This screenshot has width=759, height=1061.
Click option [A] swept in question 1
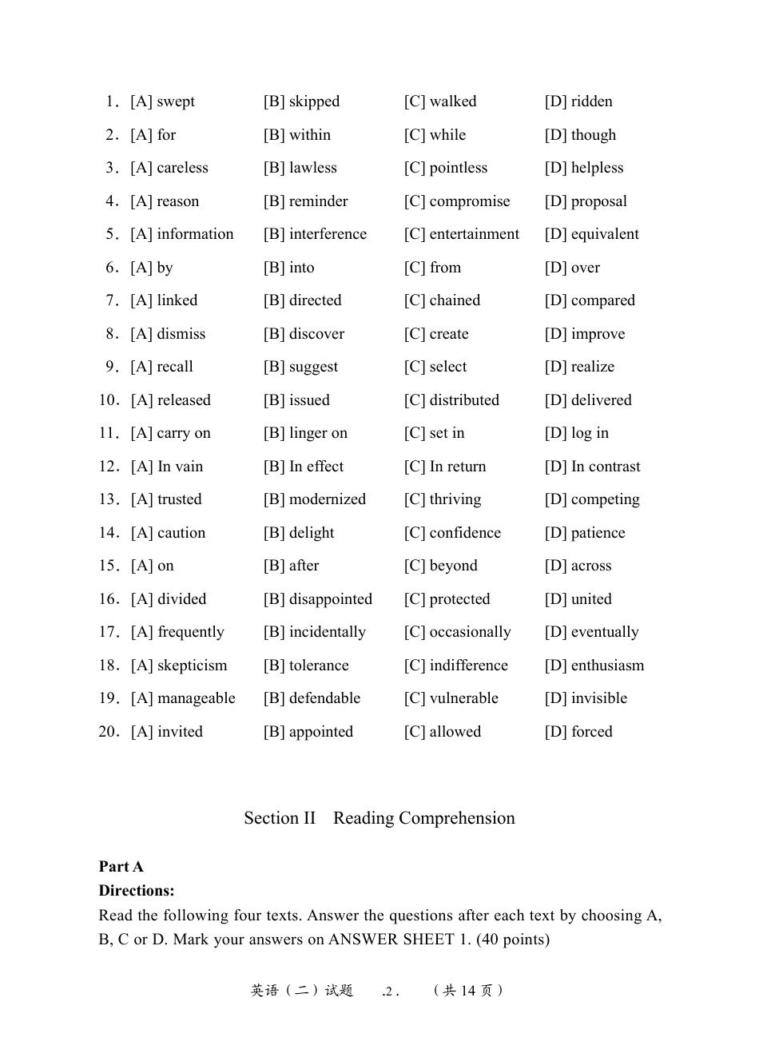[163, 101]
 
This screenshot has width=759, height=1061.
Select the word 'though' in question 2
[593, 135]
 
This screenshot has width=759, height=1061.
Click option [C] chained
[442, 300]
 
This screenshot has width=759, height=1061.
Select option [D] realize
[579, 367]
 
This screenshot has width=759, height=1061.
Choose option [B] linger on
[305, 433]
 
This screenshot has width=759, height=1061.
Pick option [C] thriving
[443, 499]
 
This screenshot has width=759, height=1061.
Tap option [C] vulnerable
[451, 698]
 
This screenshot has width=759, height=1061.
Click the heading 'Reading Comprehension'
[423, 818]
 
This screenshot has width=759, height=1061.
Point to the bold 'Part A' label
[121, 867]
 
